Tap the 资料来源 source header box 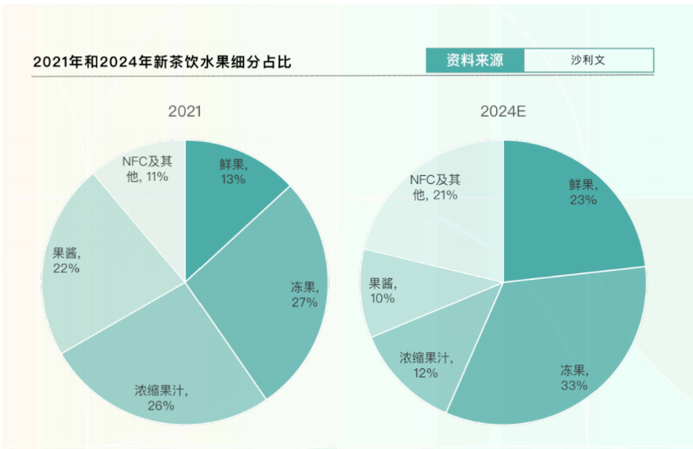tap(474, 61)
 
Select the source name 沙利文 tap(588, 61)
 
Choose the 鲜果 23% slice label tap(582, 193)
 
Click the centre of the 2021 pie tap(185, 283)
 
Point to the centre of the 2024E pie tap(503, 282)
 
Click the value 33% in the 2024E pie tap(574, 385)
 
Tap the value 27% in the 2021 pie tap(304, 303)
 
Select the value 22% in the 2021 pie tap(66, 268)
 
